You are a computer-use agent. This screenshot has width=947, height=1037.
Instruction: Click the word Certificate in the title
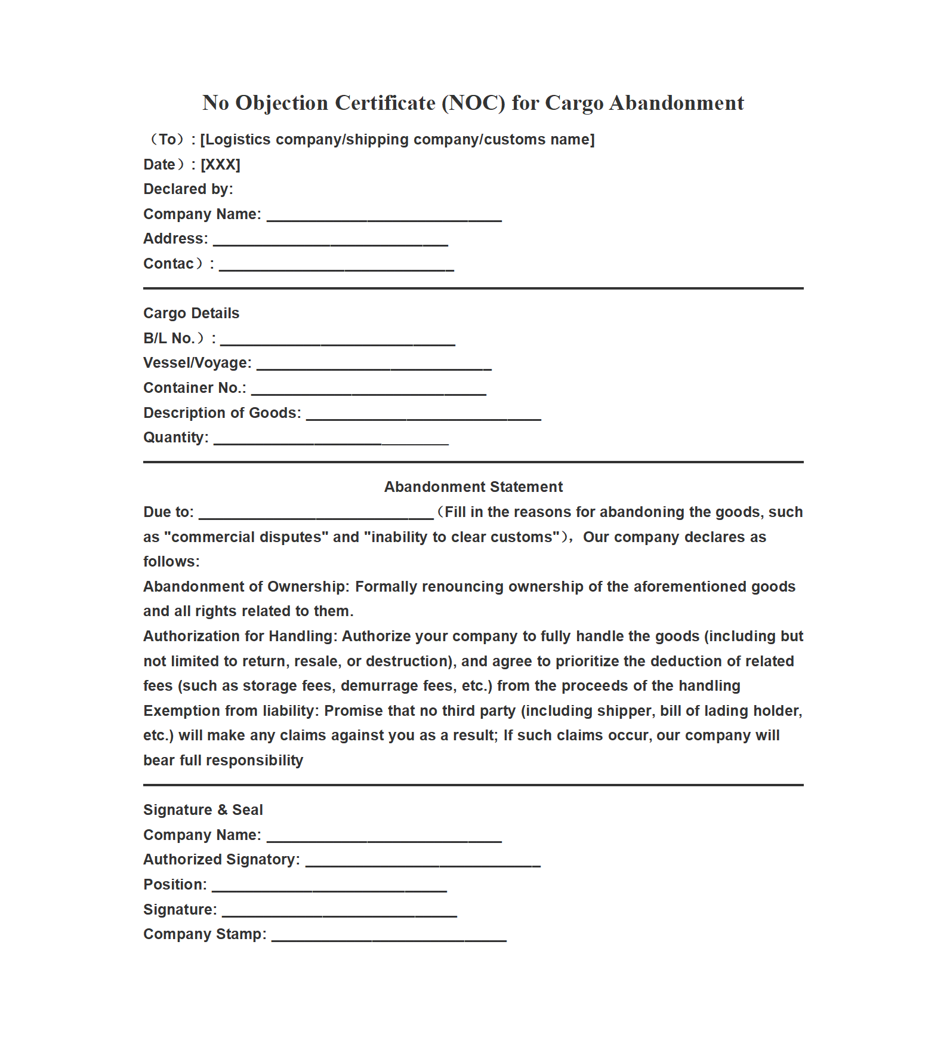(x=385, y=103)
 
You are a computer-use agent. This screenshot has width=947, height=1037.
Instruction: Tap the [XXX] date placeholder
(x=220, y=165)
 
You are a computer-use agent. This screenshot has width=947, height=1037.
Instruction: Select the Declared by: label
(x=188, y=189)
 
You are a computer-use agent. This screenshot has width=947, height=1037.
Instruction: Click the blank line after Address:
(x=331, y=241)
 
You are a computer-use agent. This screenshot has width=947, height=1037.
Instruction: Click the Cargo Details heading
(x=191, y=313)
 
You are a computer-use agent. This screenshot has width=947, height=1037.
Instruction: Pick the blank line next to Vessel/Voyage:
(x=374, y=365)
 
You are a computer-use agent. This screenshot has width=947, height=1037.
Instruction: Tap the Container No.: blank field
(x=368, y=390)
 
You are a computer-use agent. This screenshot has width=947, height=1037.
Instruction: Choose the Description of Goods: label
(x=222, y=413)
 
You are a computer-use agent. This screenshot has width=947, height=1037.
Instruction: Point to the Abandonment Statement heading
(x=473, y=487)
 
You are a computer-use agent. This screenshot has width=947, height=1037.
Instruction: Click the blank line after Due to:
(x=316, y=515)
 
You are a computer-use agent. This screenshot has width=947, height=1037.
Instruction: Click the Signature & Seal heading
(x=203, y=810)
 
